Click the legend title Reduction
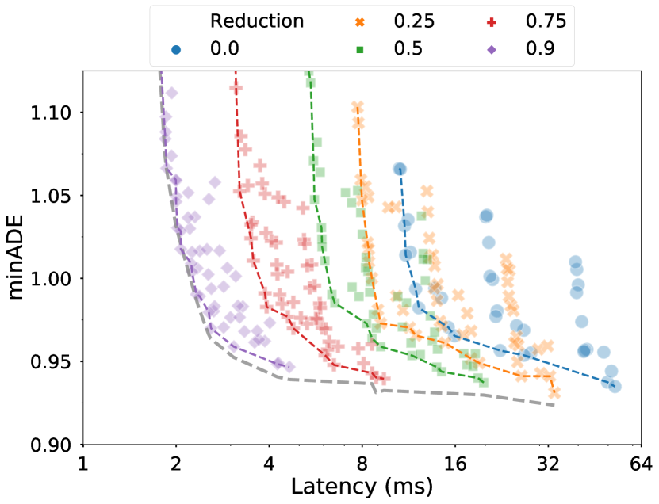pyautogui.click(x=256, y=21)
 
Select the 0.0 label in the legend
pyautogui.click(x=224, y=49)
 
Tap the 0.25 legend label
pyautogui.click(x=414, y=21)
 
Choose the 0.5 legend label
pyautogui.click(x=408, y=49)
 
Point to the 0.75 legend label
pyautogui.click(x=546, y=21)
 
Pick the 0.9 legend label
pyautogui.click(x=540, y=49)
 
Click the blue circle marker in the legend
pyautogui.click(x=176, y=50)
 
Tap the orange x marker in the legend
pyautogui.click(x=360, y=22)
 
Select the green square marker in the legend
pyautogui.click(x=360, y=50)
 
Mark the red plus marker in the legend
pyautogui.click(x=492, y=22)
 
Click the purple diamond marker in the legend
pyautogui.click(x=492, y=50)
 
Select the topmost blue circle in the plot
pyautogui.click(x=400, y=169)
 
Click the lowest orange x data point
pyautogui.click(x=554, y=392)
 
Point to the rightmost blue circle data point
pyautogui.click(x=615, y=386)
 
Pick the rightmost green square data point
pyautogui.click(x=483, y=382)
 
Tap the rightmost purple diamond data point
pyautogui.click(x=289, y=367)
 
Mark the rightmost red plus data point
pyautogui.click(x=385, y=378)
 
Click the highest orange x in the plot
pyautogui.click(x=358, y=106)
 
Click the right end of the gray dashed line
pyautogui.click(x=554, y=406)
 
